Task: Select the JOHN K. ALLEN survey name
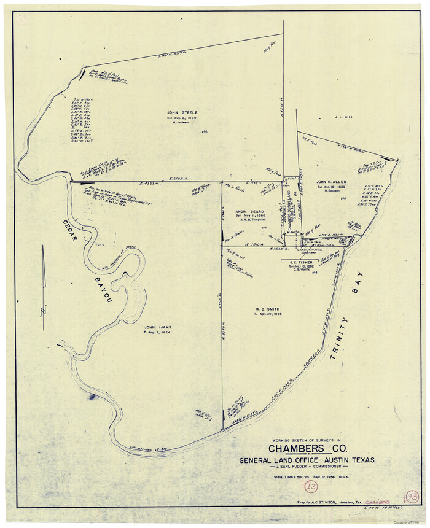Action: (333, 182)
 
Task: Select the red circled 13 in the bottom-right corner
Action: (412, 496)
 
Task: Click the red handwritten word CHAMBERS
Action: (378, 502)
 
